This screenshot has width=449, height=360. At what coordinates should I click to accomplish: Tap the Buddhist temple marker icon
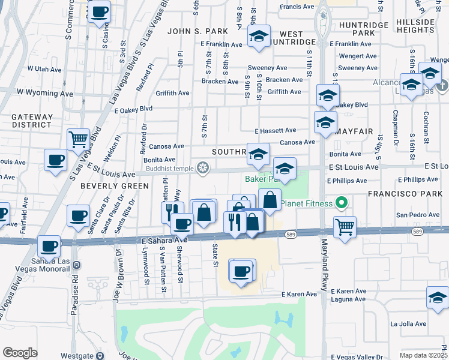203,169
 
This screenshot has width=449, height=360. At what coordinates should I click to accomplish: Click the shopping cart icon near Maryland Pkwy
345,227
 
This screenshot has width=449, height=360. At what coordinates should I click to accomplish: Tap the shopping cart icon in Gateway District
78,140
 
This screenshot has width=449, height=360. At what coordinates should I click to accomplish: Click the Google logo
20,353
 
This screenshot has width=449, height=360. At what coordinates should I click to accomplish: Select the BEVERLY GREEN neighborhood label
114,186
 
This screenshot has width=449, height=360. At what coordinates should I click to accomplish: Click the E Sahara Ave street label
165,239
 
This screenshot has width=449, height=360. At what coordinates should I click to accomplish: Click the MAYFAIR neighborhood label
355,130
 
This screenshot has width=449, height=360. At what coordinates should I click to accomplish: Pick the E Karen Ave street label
299,294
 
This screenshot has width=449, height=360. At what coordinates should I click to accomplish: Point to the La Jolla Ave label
408,324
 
